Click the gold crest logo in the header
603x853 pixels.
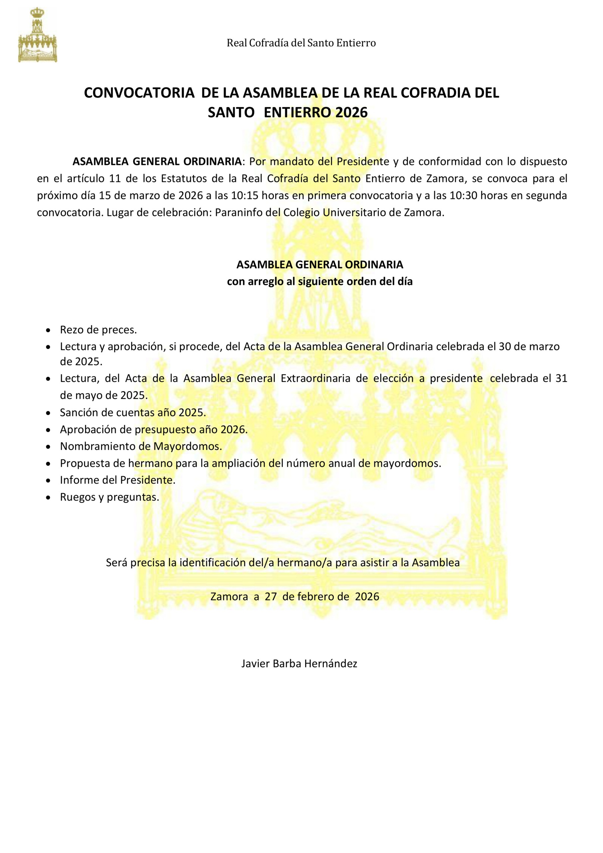[38, 35]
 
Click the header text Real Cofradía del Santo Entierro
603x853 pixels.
[301, 43]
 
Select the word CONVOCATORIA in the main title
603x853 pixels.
[139, 93]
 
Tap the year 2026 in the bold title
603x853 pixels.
[351, 112]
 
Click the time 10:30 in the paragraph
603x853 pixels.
[462, 196]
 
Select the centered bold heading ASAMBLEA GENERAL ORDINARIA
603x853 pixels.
[320, 265]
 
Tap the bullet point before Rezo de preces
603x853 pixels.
[48, 330]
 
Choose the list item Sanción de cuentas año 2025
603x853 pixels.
[133, 412]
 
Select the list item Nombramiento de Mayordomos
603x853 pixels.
[141, 446]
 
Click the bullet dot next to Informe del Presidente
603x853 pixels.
[48, 480]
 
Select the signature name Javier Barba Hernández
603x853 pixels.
[299, 663]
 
